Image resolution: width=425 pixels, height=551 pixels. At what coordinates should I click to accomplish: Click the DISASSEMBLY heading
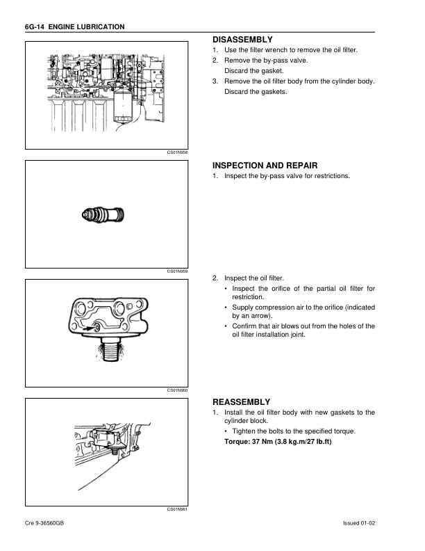click(242, 40)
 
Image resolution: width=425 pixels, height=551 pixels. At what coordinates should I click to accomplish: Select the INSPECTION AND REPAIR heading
click(265, 166)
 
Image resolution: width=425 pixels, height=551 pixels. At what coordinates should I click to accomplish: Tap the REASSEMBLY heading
click(241, 402)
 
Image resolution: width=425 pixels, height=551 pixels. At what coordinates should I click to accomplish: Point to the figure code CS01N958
click(178, 152)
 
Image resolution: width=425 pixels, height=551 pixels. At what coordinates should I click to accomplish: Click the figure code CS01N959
click(178, 271)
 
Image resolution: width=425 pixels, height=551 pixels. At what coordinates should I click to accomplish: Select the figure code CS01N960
click(178, 390)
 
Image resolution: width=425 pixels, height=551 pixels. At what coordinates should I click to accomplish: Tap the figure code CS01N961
click(178, 509)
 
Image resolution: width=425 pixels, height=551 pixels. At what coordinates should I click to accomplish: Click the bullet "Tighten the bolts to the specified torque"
click(294, 431)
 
